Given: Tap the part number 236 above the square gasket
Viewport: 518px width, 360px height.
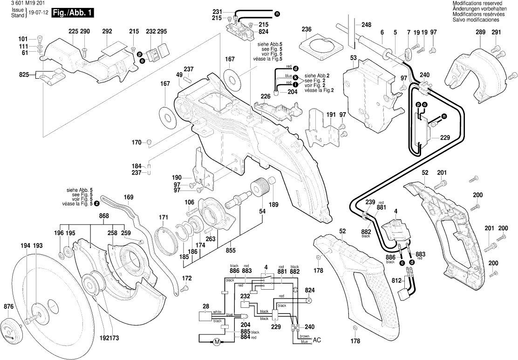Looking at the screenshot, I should coord(306,29).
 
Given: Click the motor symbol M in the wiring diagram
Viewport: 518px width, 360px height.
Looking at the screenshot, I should coord(216,342).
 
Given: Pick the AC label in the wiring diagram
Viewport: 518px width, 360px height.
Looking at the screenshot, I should coord(317,340).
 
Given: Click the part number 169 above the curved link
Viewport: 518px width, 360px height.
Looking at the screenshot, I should coord(129,197).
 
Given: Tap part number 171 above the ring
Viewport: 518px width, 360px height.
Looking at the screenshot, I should coord(163,217).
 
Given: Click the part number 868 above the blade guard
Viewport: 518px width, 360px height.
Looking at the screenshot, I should coord(104,216).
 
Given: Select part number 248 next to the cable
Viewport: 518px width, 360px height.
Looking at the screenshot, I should coord(366,24).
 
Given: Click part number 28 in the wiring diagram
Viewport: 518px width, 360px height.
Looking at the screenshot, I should coord(206,306).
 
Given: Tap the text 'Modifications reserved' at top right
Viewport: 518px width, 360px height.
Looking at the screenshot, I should coord(477,3).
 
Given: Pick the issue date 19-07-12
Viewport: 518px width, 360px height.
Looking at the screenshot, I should coord(38,14).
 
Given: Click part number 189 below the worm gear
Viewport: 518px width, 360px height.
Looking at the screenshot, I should coord(273,204).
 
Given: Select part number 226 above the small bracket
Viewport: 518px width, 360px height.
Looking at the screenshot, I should coord(266,96).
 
